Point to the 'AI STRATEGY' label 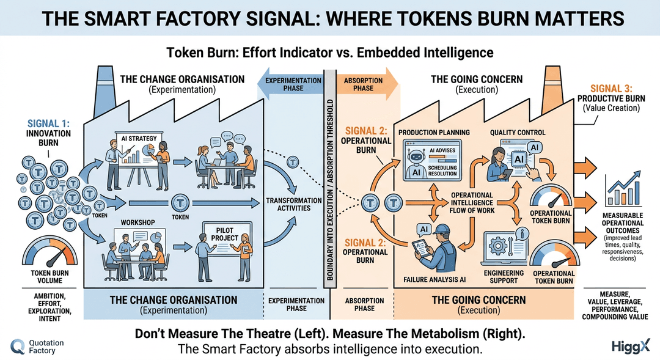pyautogui.click(x=138, y=138)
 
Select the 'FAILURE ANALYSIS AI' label pyautogui.click(x=435, y=280)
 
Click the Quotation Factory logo pyautogui.click(x=37, y=347)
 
